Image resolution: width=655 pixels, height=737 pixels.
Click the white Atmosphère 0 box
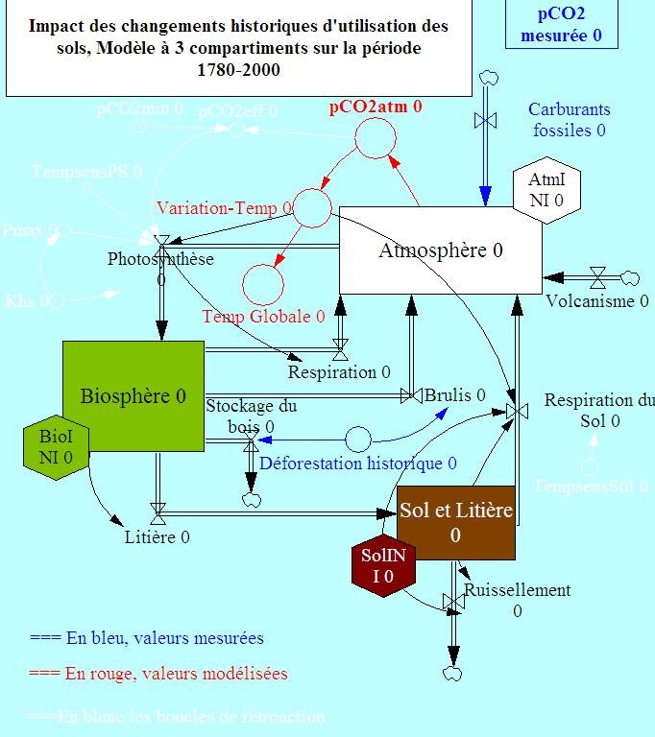(x=440, y=250)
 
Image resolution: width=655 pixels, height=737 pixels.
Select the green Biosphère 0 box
(x=133, y=395)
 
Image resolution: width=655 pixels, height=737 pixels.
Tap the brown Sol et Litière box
(x=456, y=522)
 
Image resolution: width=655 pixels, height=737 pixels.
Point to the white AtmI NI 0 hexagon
(x=546, y=190)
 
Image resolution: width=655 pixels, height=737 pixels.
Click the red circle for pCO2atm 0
(x=376, y=140)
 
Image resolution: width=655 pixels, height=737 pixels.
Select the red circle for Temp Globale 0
(x=263, y=283)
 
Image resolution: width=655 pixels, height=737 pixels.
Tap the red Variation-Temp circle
(x=312, y=207)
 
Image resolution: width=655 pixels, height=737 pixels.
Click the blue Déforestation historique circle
(x=358, y=440)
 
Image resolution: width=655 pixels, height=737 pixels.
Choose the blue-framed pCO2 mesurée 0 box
(x=561, y=24)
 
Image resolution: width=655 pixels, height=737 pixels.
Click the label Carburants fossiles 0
(x=569, y=120)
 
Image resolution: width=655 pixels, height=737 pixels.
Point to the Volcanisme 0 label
(x=597, y=301)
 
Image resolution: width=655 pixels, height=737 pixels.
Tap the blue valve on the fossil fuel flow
(x=486, y=120)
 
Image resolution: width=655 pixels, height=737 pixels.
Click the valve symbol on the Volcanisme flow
(x=597, y=278)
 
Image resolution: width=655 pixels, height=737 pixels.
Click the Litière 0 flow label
(x=157, y=537)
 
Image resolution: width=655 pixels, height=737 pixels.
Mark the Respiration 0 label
(x=339, y=371)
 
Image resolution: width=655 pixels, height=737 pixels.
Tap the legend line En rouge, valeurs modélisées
(x=158, y=674)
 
